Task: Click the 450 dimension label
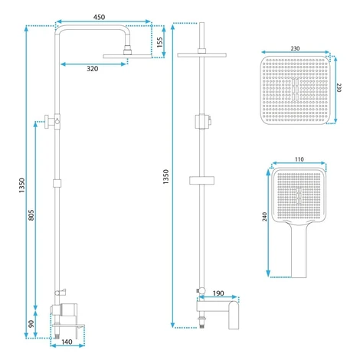coord(99,17)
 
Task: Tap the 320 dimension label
coord(93,69)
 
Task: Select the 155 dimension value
coord(159,42)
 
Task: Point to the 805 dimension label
coord(31,215)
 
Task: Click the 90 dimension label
coord(31,324)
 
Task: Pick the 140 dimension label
coord(67,342)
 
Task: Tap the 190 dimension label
coord(218,293)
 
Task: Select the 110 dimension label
coord(299,159)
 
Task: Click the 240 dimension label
coord(265,217)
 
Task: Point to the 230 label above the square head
coord(295,48)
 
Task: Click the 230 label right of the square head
coord(339,87)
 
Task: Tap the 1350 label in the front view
coord(166,177)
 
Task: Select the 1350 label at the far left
coord(22,185)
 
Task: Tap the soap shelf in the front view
coord(201,180)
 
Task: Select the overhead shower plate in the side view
coord(127,56)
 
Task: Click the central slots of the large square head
coord(295,89)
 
